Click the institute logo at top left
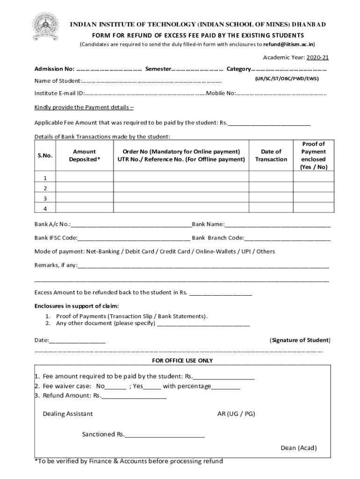[45, 27]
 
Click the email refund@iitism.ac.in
[289, 44]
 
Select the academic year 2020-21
[318, 58]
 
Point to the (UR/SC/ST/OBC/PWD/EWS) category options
[287, 79]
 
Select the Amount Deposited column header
[85, 155]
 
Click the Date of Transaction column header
[271, 155]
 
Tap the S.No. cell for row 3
[45, 198]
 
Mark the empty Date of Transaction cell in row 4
[271, 208]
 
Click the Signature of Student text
[300, 340]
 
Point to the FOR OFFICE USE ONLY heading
[182, 361]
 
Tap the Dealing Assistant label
[68, 414]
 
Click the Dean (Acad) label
[298, 448]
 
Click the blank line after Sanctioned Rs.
[165, 435]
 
